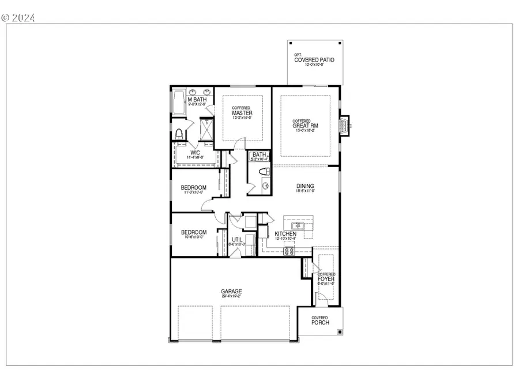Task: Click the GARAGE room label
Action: point(231,292)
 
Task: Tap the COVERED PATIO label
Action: point(314,60)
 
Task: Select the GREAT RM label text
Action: point(305,126)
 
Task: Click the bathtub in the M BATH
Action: point(179,103)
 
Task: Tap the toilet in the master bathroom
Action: point(178,134)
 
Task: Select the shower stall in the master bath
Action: point(206,128)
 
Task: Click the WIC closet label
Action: point(195,153)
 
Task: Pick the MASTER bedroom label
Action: point(242,113)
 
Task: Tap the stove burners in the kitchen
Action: point(289,250)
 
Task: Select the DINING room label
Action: point(305,186)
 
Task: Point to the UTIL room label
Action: point(236,240)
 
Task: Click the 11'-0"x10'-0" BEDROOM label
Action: point(193,188)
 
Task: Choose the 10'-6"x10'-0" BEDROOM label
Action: point(193,233)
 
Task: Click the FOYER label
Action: point(326,279)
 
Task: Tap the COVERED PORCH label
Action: point(320,320)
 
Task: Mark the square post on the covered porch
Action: point(340,332)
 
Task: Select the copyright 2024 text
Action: point(18,18)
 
